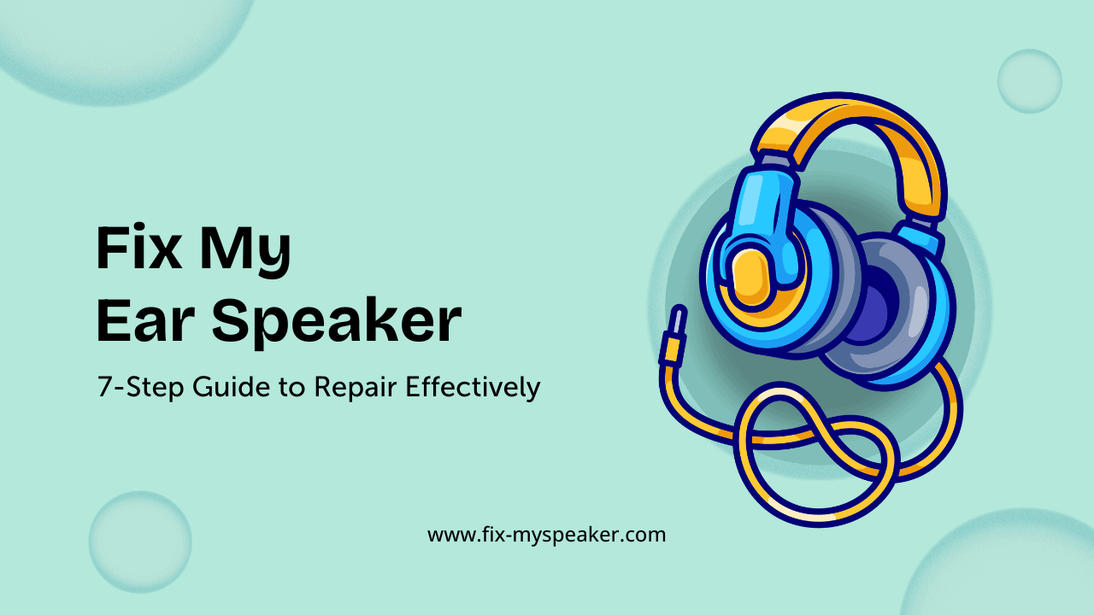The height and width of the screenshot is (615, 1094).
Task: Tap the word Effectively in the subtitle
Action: coord(473,387)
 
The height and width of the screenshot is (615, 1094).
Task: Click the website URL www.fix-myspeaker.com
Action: coord(546,536)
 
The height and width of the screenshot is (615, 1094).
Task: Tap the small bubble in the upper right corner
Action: coord(1029,81)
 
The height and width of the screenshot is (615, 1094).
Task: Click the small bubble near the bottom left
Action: coord(140,542)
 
